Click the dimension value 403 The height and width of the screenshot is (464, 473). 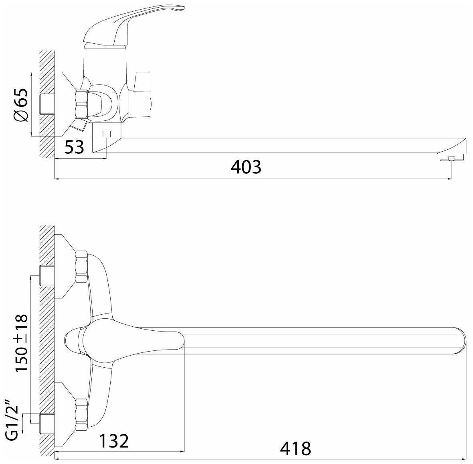point(246,167)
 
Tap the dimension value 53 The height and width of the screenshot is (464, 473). point(74,147)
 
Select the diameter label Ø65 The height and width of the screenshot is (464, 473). point(21,105)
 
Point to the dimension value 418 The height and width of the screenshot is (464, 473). point(295,449)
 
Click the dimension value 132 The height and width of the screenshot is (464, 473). point(114,441)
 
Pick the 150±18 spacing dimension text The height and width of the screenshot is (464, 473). point(21,343)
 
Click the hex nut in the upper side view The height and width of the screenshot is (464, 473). point(81,103)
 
